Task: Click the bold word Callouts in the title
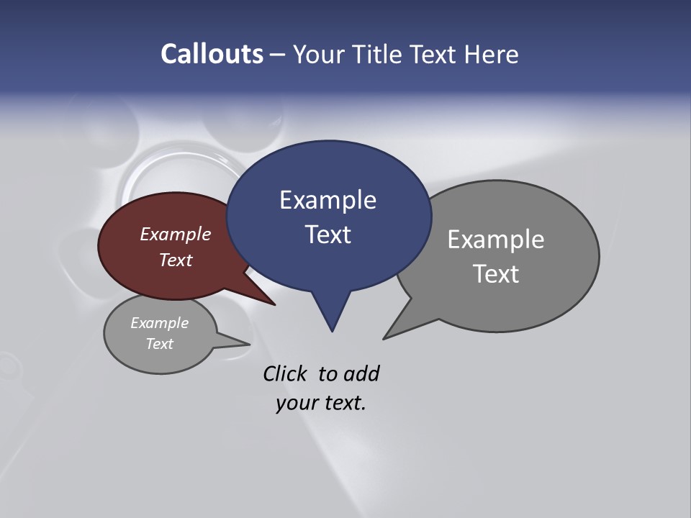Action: [x=212, y=55]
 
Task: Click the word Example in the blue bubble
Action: [x=328, y=200]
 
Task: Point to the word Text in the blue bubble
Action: [x=328, y=235]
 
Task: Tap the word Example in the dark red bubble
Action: [x=176, y=234]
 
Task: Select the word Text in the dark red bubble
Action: [x=176, y=260]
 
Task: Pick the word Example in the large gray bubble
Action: [x=495, y=240]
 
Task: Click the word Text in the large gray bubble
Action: [x=496, y=274]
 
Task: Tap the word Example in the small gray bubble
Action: [x=160, y=323]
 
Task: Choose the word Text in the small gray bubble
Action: [x=160, y=344]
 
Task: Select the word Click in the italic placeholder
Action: [x=284, y=373]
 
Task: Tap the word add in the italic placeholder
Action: [x=361, y=373]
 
